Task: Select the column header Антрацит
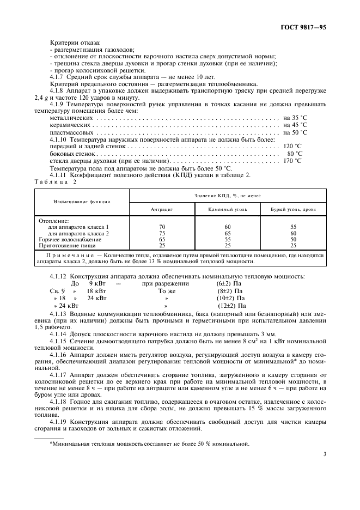click(x=161, y=209)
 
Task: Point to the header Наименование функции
click(x=82, y=202)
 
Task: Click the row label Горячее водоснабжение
click(x=70, y=239)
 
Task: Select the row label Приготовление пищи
click(x=67, y=245)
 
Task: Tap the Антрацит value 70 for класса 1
click(x=162, y=227)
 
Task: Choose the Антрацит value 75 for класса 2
click(x=162, y=233)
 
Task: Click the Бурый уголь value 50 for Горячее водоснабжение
click(x=294, y=239)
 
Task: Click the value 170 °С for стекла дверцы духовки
click(x=292, y=161)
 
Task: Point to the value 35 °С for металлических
click(x=295, y=118)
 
